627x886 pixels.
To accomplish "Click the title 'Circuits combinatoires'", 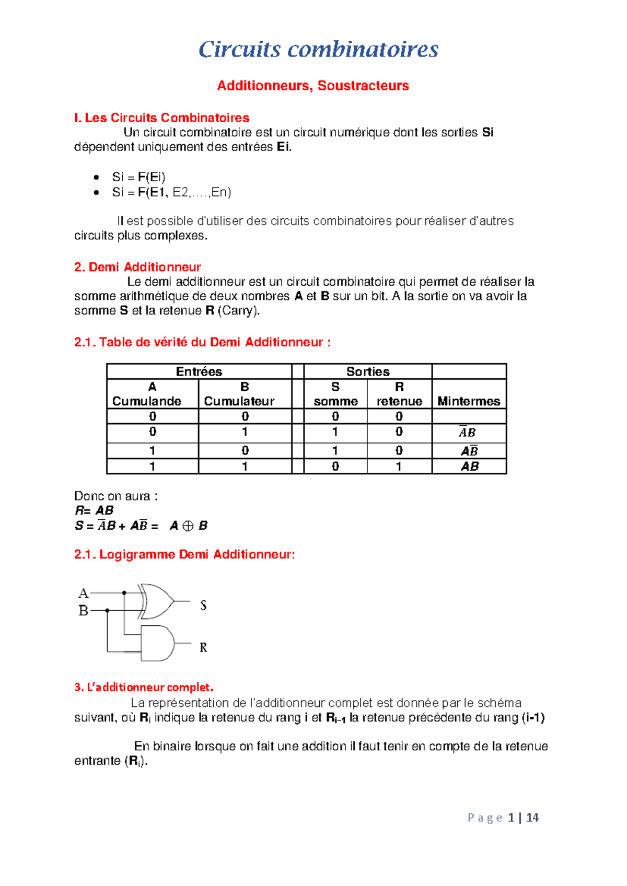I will pos(318,50).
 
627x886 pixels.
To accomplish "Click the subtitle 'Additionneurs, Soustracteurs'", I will pos(313,86).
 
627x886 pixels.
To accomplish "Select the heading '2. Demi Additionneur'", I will pos(137,267).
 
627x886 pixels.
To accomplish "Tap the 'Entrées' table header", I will pos(199,371).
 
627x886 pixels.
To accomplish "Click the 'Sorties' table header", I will pos(368,371).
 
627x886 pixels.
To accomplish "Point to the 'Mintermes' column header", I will pos(469,401).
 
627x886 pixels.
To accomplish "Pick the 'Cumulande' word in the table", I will pos(147,401).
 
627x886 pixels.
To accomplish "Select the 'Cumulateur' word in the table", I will pos(239,401).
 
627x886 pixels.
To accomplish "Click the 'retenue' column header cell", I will pos(399,401).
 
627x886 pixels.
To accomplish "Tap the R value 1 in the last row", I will pos(399,466).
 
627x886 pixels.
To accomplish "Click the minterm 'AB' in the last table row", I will pos(469,466).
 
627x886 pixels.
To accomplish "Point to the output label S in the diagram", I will pos(203,605).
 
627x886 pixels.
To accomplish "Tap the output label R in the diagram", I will pos(203,648).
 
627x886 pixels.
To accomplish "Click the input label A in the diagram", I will pos(83,593).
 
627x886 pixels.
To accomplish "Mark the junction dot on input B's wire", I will pos(107,610).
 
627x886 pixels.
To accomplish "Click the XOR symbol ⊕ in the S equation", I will pos(188,526).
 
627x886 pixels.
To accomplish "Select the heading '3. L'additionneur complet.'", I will pos(144,687).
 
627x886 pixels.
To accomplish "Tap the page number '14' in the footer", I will pos(532,818).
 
